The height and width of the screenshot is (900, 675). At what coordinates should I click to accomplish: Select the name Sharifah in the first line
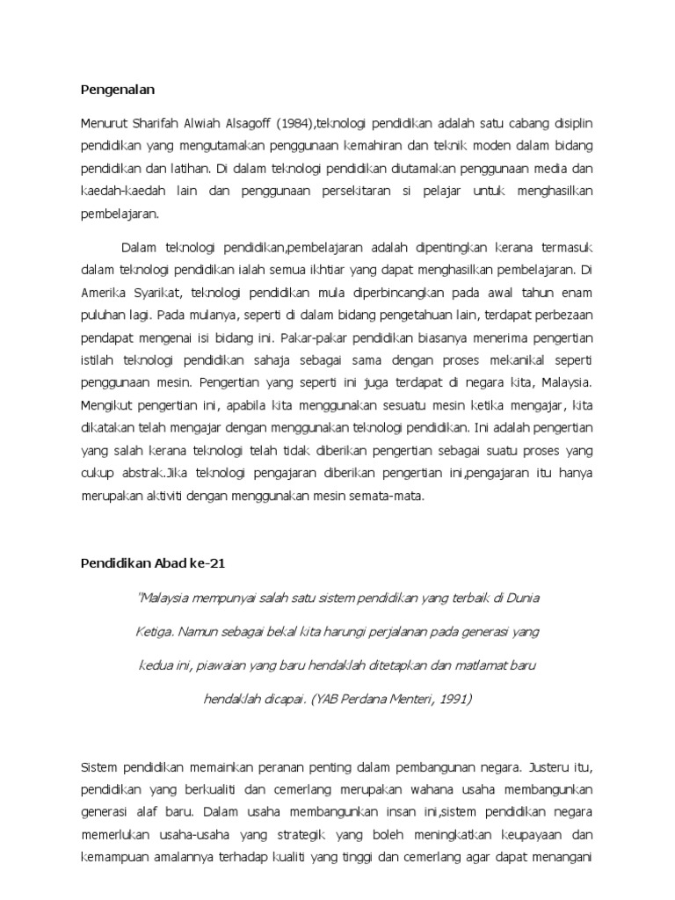[x=158, y=122]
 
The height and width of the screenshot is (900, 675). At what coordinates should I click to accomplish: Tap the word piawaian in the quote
[x=225, y=665]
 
